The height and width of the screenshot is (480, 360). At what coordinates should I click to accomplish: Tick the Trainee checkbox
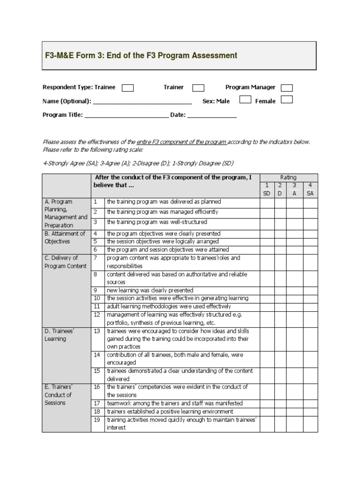127,88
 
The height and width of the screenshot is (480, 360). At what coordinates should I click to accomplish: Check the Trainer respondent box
198,88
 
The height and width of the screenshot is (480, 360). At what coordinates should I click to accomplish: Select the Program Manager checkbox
286,88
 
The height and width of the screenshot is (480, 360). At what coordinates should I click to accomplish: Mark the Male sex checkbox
245,100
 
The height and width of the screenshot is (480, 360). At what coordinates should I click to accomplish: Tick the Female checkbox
286,100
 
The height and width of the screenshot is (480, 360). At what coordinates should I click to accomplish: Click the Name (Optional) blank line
142,101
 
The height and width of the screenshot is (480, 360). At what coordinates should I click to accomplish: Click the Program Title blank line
127,115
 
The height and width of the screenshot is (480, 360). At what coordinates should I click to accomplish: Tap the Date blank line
212,115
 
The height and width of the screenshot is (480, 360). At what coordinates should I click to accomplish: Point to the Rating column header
288,177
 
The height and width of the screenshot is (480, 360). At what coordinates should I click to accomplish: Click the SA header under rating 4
310,193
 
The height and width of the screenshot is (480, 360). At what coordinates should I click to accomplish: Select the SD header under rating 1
267,193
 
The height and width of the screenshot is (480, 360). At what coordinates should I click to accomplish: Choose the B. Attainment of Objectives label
64,237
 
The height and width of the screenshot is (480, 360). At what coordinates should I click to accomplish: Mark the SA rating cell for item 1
310,202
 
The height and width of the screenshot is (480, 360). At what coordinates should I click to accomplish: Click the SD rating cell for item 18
267,411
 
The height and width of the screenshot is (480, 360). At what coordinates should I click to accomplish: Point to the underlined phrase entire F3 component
181,142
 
